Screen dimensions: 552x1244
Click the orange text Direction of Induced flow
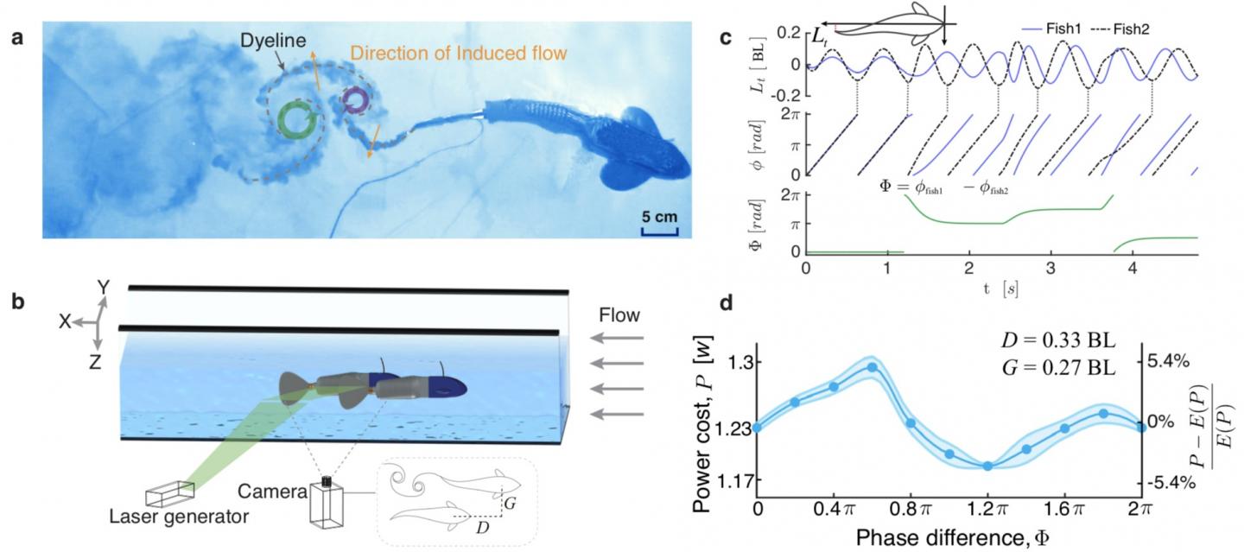pyautogui.click(x=458, y=54)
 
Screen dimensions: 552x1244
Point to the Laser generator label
pyautogui.click(x=179, y=517)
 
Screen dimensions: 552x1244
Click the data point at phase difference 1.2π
pyautogui.click(x=987, y=466)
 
